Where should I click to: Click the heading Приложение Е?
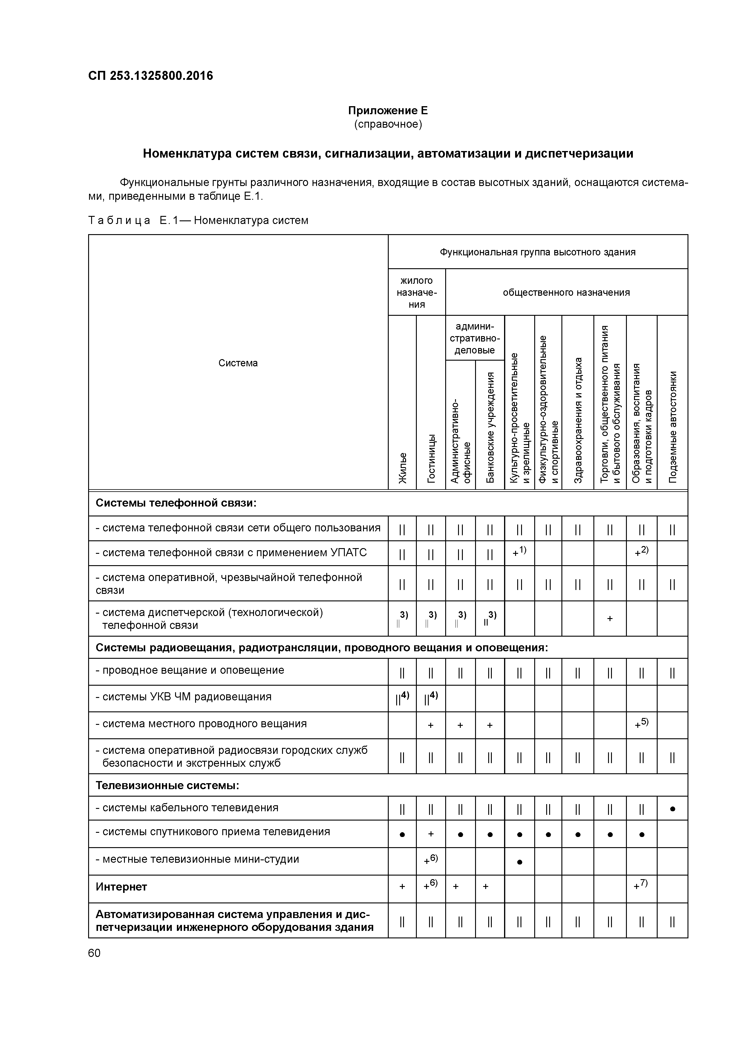pos(388,111)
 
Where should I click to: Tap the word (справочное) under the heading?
pos(388,124)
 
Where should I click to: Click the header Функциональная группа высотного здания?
pos(537,252)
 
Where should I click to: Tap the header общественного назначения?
pos(566,292)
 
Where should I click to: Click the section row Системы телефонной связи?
pos(176,503)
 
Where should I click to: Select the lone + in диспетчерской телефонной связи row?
pos(610,619)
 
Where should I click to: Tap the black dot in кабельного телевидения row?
pos(672,809)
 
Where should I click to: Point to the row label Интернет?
pos(121,887)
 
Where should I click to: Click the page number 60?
pos(94,953)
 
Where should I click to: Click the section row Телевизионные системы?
pos(168,785)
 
